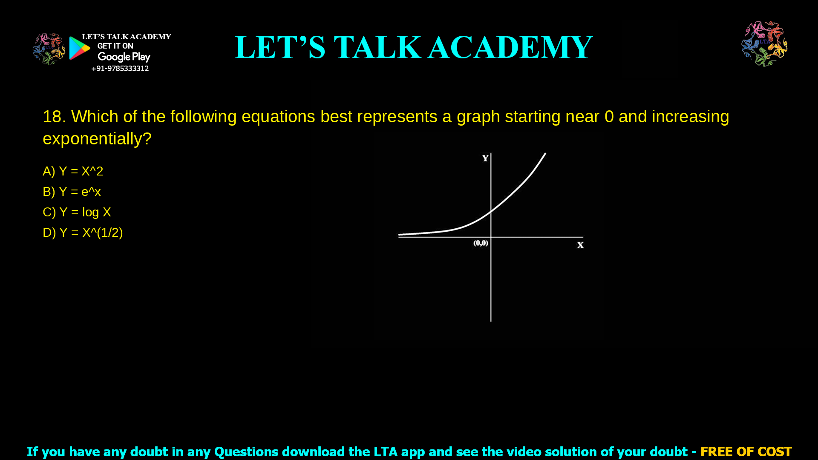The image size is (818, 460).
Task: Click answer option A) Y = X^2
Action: [73, 171]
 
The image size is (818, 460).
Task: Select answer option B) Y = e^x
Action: [72, 192]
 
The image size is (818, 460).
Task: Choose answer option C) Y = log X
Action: [77, 212]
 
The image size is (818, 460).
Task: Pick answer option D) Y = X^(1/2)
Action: [83, 233]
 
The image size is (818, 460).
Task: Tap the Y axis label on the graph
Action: [485, 158]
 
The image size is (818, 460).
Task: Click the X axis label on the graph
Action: [580, 245]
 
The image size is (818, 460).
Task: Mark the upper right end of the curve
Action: [545, 154]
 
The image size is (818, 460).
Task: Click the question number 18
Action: [54, 117]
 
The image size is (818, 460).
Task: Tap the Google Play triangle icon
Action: [79, 48]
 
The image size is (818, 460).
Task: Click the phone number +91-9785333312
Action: [120, 69]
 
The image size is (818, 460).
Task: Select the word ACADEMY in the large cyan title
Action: [510, 47]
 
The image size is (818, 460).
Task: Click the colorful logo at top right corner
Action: [764, 43]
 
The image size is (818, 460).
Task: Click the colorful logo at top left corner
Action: [49, 49]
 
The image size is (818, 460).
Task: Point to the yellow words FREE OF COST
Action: [746, 451]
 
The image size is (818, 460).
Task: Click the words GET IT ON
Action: [115, 46]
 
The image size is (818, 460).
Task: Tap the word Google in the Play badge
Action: [114, 57]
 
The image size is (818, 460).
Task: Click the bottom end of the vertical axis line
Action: [491, 321]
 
